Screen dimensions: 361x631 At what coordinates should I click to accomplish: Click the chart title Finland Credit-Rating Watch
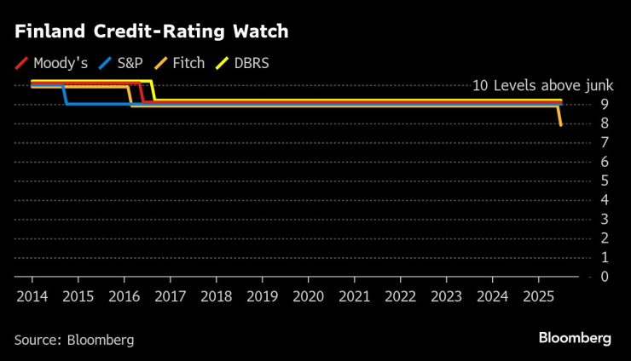point(151,32)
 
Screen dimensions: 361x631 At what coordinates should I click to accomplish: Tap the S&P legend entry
point(123,63)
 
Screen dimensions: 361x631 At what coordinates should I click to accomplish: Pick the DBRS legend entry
point(244,63)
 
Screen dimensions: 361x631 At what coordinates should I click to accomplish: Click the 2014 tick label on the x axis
point(32,297)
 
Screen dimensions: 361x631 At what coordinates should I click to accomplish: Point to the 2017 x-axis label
point(170,297)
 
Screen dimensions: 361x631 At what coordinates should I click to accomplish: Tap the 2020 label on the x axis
point(308,297)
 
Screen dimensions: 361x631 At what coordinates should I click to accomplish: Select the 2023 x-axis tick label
point(446,297)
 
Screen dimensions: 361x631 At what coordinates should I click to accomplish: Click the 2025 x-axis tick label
point(538,297)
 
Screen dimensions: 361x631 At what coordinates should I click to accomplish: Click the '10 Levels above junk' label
point(530,85)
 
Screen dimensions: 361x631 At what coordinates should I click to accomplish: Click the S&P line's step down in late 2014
point(65,95)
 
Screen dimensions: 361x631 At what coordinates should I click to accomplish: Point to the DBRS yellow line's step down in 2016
point(153,91)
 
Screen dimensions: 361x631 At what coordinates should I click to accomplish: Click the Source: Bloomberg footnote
point(74,340)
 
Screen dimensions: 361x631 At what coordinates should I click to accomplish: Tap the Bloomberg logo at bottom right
point(575,338)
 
